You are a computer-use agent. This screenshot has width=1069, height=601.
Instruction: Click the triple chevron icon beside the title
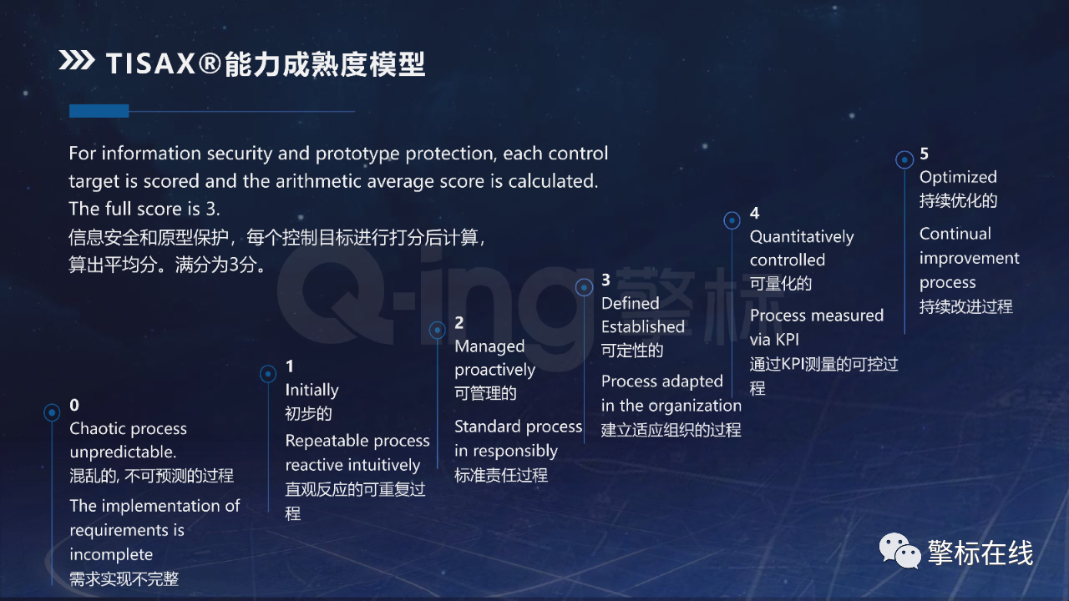(x=76, y=61)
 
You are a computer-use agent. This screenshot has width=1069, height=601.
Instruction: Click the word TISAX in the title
(x=150, y=63)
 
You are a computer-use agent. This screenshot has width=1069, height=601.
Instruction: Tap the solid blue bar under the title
(x=99, y=111)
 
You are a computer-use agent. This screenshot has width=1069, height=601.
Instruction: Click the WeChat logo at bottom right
(x=899, y=550)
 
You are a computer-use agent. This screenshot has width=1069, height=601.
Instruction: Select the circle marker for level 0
(x=52, y=412)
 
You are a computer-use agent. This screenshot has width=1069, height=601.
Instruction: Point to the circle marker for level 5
(x=904, y=159)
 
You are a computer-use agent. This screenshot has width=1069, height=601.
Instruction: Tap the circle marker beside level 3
(x=584, y=287)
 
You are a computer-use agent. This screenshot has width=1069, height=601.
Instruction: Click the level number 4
(x=754, y=213)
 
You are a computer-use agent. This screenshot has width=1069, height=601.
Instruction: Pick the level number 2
(x=459, y=323)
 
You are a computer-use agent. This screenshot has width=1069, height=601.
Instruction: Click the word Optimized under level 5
(x=958, y=178)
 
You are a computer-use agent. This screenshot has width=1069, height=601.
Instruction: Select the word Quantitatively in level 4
(x=802, y=237)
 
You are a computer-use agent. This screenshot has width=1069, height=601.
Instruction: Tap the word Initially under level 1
(x=312, y=390)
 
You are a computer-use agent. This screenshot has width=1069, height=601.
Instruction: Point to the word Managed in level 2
(x=489, y=346)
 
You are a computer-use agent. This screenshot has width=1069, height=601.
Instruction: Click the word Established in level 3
(x=643, y=326)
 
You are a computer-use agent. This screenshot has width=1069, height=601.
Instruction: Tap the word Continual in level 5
(x=955, y=234)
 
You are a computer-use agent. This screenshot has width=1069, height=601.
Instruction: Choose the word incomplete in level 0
(x=111, y=555)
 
